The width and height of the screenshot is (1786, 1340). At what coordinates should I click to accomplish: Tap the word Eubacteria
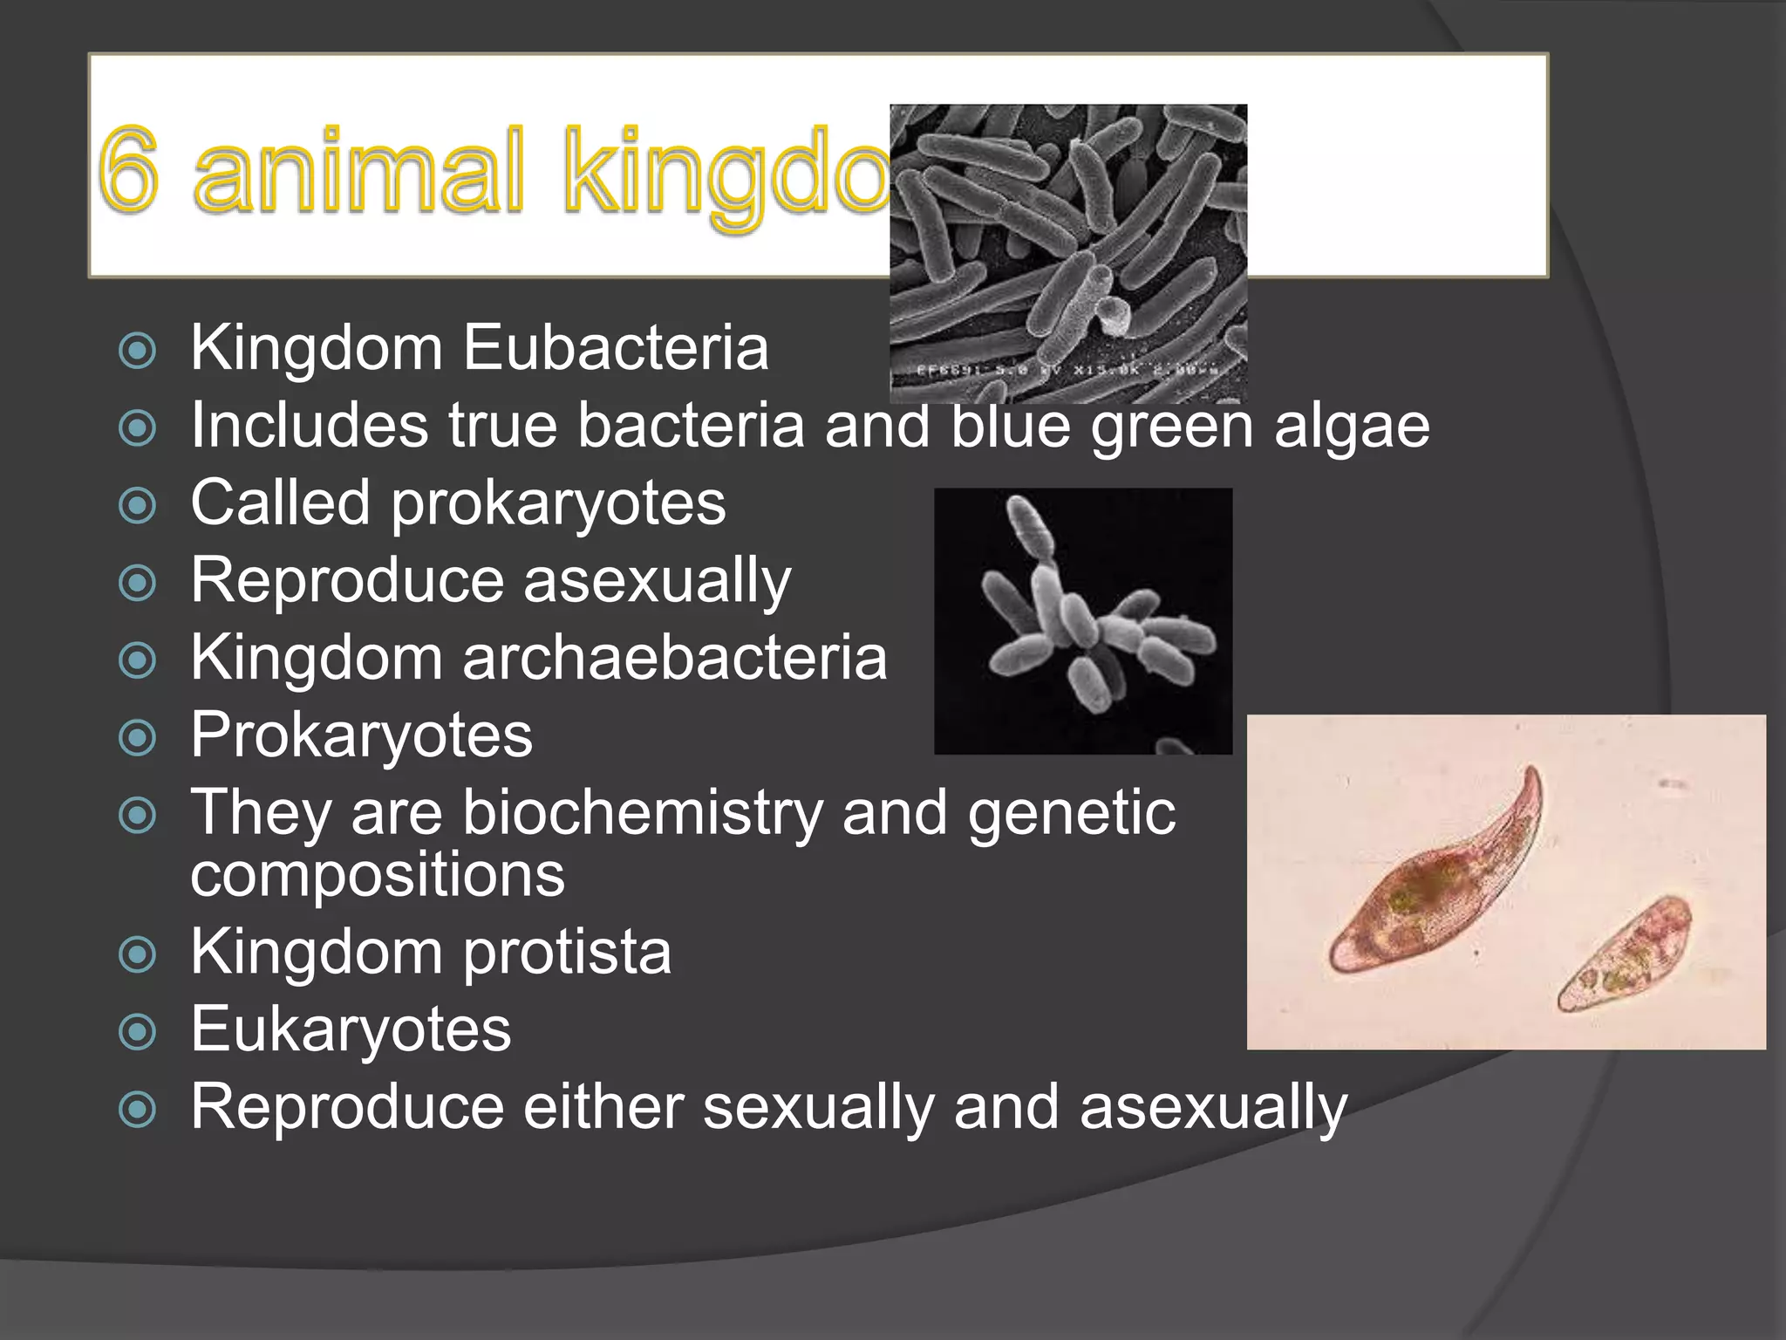coord(615,348)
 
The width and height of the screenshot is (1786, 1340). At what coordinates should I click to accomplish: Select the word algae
coord(1351,427)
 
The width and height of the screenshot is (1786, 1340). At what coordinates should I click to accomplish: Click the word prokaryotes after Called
coord(558,504)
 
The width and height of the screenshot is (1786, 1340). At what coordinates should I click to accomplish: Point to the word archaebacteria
coord(674,658)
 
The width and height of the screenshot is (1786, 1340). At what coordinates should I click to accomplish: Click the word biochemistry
coord(642,813)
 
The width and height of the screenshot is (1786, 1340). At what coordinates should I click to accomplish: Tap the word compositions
coord(378,875)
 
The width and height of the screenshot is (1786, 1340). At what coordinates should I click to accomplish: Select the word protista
coord(567,952)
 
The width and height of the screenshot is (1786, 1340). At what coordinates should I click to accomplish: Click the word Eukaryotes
coord(351,1029)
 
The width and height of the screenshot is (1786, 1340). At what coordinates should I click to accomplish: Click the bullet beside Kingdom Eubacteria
coord(137,351)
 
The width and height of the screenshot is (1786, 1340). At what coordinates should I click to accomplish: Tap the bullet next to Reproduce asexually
coord(137,583)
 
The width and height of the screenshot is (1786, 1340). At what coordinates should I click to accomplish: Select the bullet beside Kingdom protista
coord(137,954)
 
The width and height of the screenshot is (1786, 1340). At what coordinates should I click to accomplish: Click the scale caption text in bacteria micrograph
coord(1068,370)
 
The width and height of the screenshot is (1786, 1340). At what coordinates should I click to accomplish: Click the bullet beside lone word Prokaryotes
coord(137,738)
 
